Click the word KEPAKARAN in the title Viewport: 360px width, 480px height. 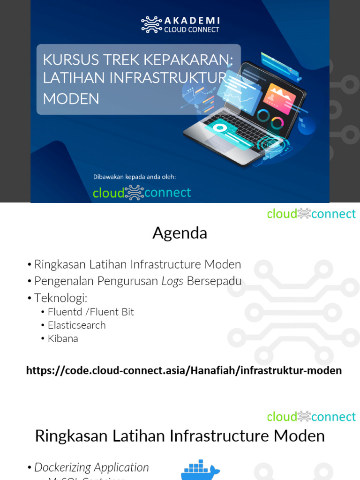point(190,60)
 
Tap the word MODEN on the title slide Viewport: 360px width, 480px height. point(71,98)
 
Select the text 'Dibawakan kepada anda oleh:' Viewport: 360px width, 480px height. point(134,177)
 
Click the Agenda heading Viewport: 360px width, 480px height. point(180,233)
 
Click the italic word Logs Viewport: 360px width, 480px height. point(172,281)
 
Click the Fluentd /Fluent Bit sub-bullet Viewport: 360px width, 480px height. point(91,312)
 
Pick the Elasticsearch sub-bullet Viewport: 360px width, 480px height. point(76,325)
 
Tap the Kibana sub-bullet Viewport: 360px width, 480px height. point(63,338)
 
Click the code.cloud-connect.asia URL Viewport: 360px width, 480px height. point(184,371)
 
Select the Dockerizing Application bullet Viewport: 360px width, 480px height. point(91,467)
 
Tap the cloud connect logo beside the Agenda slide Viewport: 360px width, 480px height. point(311,214)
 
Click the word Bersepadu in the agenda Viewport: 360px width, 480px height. point(214,281)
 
